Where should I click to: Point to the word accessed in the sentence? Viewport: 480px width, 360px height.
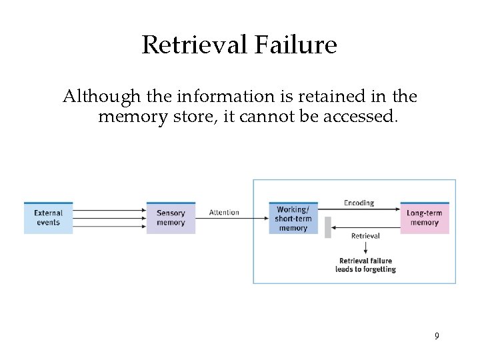click(363, 117)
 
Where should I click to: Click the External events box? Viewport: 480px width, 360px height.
click(48, 218)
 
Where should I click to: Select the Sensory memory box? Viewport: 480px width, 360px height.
click(171, 218)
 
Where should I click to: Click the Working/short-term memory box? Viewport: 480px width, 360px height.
click(293, 218)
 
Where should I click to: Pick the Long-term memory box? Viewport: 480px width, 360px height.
click(425, 218)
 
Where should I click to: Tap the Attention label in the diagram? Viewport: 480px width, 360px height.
click(224, 213)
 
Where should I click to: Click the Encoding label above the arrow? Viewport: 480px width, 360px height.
click(359, 203)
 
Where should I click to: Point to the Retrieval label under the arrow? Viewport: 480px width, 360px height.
click(365, 236)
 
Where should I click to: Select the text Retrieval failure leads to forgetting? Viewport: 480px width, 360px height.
click(365, 265)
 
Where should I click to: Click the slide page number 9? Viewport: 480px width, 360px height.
click(437, 336)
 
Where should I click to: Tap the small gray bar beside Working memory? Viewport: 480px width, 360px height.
click(327, 227)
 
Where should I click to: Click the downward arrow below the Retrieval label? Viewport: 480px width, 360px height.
click(365, 248)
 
